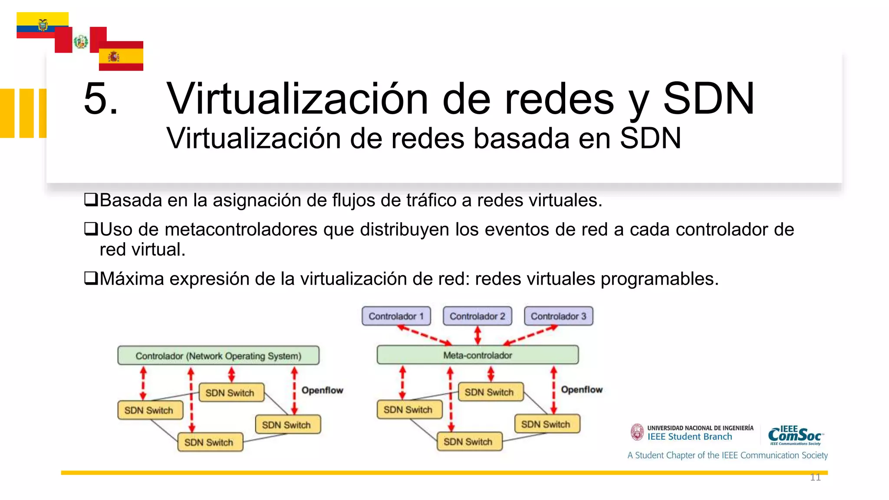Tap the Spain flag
[121, 56]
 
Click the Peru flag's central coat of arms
[81, 42]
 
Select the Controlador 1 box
[396, 316]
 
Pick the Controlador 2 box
[477, 316]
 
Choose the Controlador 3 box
[558, 316]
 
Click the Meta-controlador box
[477, 355]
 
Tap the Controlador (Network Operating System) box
[218, 355]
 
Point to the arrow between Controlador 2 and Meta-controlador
[477, 335]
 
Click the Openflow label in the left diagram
[322, 390]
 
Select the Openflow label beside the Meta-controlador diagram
[582, 389]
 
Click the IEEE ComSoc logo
[795, 435]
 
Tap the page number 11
[815, 477]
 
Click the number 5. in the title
[101, 99]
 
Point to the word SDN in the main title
[708, 99]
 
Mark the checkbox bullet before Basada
[91, 200]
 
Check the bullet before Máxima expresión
[91, 278]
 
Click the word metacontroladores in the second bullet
[241, 229]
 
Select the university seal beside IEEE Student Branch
[637, 432]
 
